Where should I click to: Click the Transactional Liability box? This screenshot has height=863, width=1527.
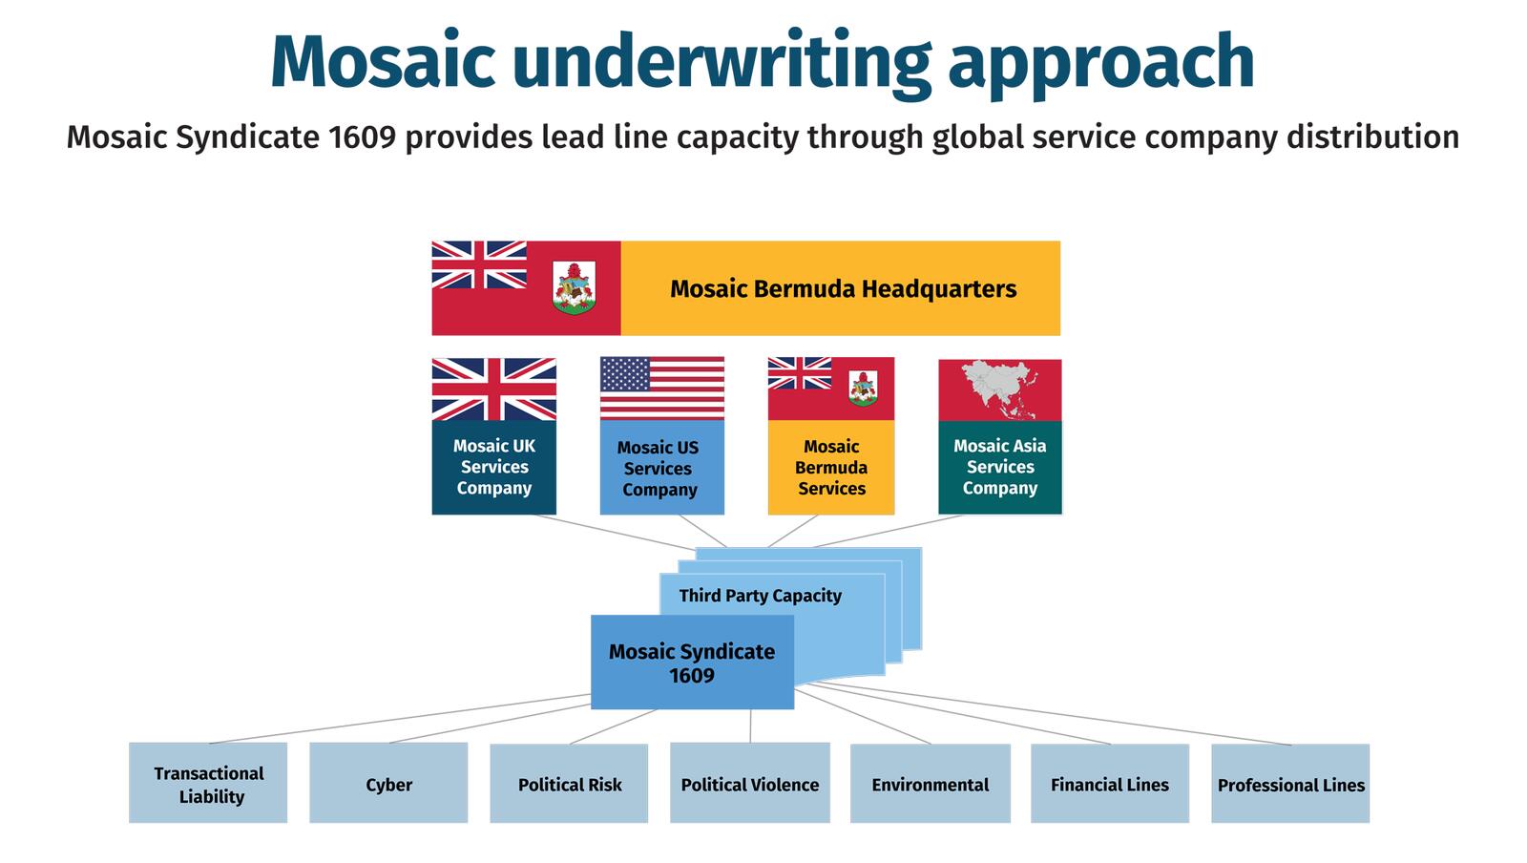click(208, 783)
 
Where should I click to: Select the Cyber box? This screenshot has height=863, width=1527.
click(388, 783)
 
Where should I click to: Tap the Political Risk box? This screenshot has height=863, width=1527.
click(569, 783)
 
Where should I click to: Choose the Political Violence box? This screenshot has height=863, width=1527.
click(750, 783)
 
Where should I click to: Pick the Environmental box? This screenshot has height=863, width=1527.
click(931, 783)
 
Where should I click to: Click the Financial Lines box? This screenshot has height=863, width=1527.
click(1110, 783)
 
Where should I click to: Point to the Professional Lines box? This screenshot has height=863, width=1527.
click(1290, 783)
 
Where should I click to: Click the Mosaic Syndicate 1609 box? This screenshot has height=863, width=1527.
click(692, 662)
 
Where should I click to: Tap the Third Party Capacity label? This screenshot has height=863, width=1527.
click(760, 595)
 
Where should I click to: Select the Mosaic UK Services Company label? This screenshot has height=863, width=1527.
click(494, 467)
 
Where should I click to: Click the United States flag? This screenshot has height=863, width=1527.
click(662, 388)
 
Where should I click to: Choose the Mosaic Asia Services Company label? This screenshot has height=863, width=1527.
click(1000, 467)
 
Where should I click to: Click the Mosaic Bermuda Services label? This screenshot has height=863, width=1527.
click(831, 468)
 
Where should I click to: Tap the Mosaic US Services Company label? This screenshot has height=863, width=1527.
click(659, 469)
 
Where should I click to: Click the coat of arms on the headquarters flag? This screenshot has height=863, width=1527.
click(574, 287)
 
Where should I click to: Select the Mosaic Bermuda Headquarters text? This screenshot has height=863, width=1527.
click(844, 288)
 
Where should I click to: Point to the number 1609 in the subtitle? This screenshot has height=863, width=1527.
click(362, 137)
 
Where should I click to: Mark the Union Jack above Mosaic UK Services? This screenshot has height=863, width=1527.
click(494, 389)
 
